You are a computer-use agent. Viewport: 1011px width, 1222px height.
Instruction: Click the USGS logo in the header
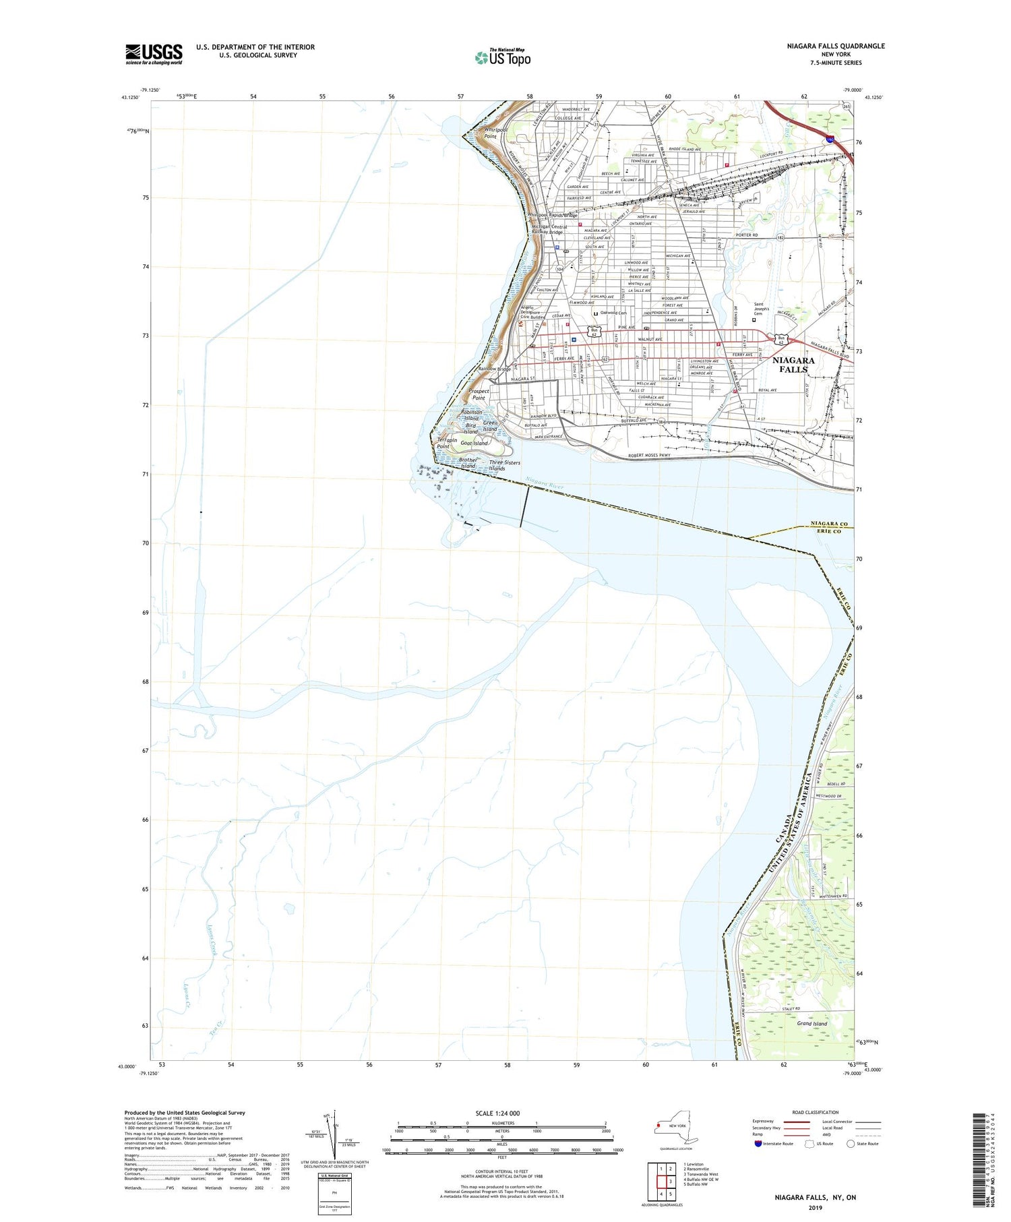(154, 54)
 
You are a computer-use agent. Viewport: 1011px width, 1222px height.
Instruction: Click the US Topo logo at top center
(502, 57)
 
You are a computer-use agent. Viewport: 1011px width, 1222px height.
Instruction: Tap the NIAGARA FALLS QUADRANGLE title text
(826, 46)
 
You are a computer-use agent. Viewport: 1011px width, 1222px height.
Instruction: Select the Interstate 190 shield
(831, 138)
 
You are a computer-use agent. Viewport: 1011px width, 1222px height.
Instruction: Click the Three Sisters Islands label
(504, 465)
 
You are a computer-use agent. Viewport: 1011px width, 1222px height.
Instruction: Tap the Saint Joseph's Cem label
(758, 311)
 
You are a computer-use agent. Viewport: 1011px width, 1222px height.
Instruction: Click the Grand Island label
(811, 1024)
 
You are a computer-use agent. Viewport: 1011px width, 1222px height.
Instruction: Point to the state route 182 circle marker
(780, 238)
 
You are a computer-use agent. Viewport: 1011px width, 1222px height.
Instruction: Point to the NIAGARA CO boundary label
(830, 524)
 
